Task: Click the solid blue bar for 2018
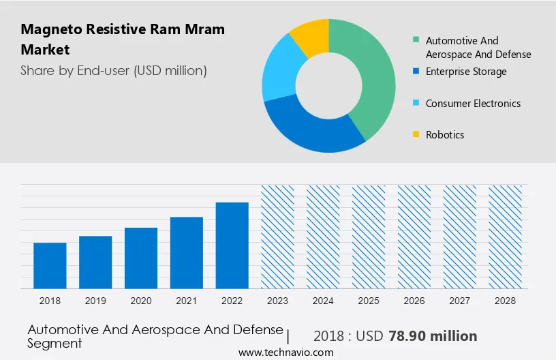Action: click(x=50, y=265)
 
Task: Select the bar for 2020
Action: click(x=141, y=258)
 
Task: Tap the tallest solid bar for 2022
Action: click(x=232, y=245)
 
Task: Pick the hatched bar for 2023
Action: click(x=278, y=236)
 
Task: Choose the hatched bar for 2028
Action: click(x=506, y=236)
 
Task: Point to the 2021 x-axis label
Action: click(x=187, y=301)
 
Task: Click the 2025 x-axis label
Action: click(x=369, y=301)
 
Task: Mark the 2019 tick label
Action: click(x=95, y=301)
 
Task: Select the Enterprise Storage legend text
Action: click(x=465, y=72)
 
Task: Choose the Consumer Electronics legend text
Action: click(x=472, y=104)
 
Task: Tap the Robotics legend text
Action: click(x=444, y=135)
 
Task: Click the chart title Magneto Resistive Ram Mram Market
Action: click(x=123, y=40)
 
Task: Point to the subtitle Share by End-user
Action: click(x=114, y=70)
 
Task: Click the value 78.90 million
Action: click(x=433, y=336)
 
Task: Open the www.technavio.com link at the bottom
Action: click(x=285, y=352)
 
